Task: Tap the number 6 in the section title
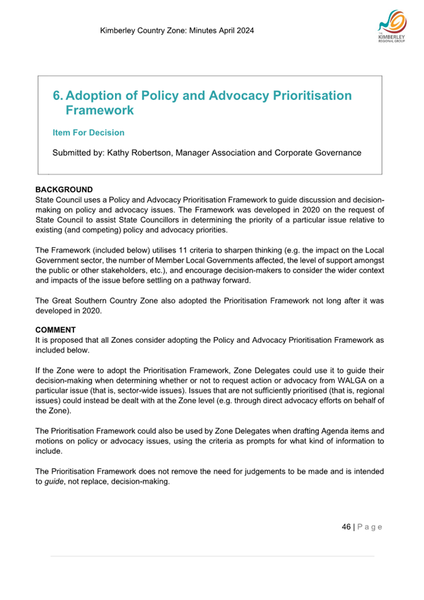pos(56,96)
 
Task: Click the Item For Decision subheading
pos(88,132)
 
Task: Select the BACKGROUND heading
pos(64,190)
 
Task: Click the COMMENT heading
pos(56,330)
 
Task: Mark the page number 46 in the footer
pos(346,527)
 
